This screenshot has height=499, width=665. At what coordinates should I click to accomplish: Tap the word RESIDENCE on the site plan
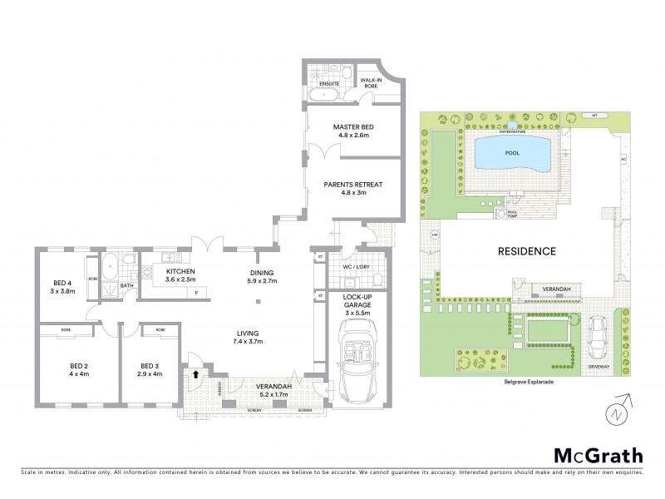(x=526, y=250)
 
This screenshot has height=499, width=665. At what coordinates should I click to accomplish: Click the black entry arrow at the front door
(x=196, y=374)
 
